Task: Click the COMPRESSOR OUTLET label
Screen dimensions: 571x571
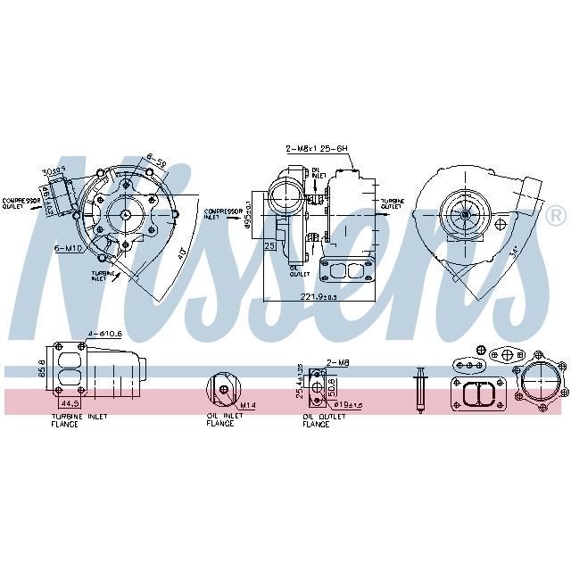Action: click(x=20, y=203)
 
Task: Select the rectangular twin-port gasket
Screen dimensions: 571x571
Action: click(x=483, y=393)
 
